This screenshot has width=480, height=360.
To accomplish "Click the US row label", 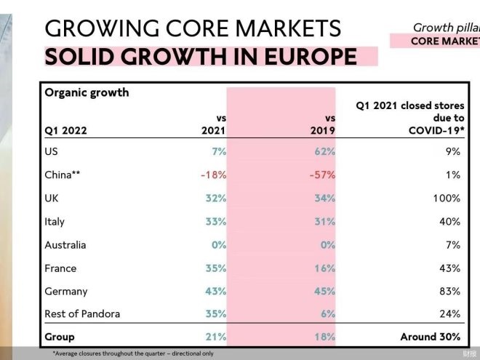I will pos(52,152).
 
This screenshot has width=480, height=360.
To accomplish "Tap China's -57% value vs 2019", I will pos(321,175).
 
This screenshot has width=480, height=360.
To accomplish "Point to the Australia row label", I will pos(65,245).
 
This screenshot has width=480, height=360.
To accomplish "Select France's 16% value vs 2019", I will pos(324,268).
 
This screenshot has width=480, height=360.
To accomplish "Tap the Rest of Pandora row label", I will pos(82,314).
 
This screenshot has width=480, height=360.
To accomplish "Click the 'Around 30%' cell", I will pos(431,337).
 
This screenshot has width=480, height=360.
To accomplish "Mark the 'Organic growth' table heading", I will pos(87,92).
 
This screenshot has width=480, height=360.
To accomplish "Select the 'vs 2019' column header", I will pos(324,124).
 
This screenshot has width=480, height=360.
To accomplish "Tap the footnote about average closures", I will pos(132,353).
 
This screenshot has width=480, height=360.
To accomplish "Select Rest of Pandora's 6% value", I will pos(327,314).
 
